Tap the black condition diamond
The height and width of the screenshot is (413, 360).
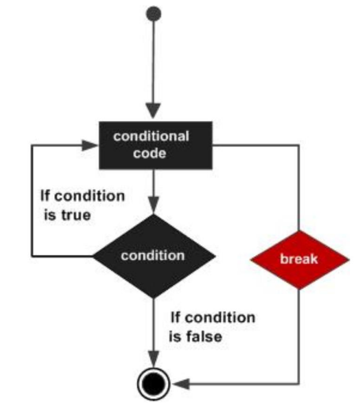coord(153,256)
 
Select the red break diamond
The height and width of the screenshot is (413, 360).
coord(300,260)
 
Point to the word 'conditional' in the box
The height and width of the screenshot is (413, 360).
coord(151,136)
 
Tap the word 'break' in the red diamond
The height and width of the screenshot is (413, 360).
coord(300,260)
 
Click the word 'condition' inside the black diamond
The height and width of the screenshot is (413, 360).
coord(153,256)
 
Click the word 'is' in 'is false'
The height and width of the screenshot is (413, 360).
coord(175,336)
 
